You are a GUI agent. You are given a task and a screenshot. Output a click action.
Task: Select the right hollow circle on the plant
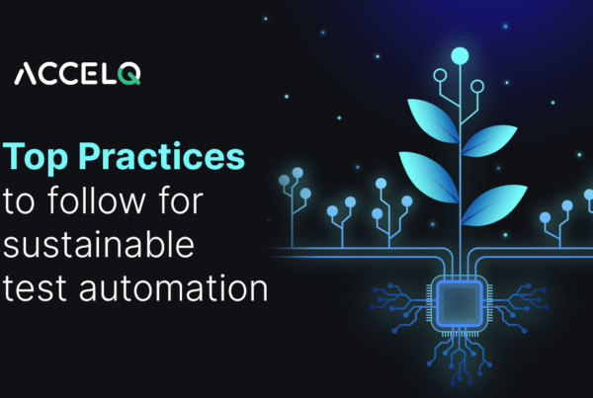[x=478, y=87]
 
